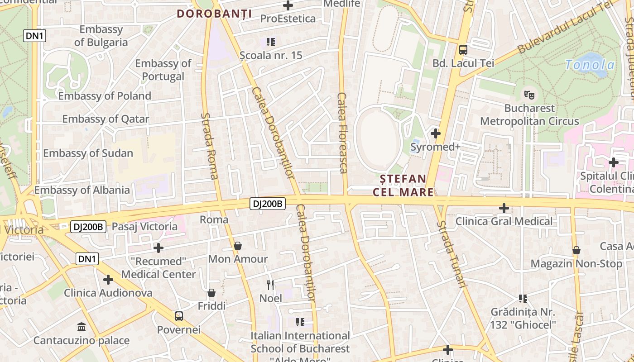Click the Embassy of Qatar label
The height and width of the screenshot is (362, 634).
[106, 119]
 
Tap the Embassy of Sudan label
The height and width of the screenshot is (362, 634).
[88, 153]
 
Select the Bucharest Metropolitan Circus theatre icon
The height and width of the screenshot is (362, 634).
[529, 95]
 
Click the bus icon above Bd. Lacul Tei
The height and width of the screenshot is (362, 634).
[463, 50]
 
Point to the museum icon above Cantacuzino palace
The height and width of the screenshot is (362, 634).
[82, 327]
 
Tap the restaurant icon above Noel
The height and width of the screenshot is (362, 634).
[271, 285]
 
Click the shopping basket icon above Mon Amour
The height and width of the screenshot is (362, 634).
[238, 246]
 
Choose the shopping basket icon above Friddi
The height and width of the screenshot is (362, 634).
[211, 293]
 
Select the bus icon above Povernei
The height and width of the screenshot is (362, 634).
[179, 316]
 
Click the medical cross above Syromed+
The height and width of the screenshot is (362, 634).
[436, 133]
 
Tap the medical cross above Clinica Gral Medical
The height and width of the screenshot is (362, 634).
[504, 208]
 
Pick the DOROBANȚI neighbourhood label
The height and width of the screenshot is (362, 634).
[214, 14]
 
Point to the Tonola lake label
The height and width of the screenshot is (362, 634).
[590, 65]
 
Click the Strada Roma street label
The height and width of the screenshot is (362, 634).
[210, 146]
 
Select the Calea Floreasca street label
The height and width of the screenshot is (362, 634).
[343, 133]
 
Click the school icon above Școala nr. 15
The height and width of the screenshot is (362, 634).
[271, 42]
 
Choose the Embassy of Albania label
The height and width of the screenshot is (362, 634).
[82, 190]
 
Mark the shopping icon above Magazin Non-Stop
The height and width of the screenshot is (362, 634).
[576, 250]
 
